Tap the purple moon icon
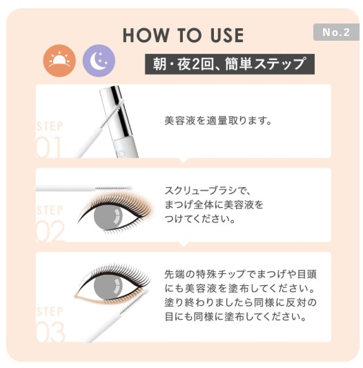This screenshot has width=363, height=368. click(x=99, y=61)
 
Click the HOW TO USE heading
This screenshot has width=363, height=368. click(x=183, y=35)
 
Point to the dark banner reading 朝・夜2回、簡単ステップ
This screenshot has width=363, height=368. click(x=229, y=64)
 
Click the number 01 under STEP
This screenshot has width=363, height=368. click(x=50, y=146)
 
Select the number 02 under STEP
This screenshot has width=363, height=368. click(x=50, y=230)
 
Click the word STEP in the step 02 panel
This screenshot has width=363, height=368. click(x=49, y=210)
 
